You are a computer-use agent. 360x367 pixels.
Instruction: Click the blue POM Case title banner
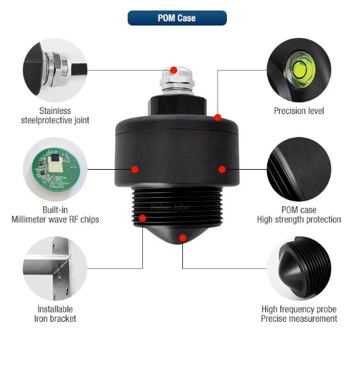(x=177, y=18)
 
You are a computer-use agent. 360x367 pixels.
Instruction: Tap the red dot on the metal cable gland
(x=174, y=70)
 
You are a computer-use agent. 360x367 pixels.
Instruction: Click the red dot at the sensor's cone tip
(x=183, y=239)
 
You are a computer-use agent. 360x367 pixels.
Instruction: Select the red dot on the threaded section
(x=142, y=218)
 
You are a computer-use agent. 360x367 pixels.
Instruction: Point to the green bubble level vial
(x=300, y=69)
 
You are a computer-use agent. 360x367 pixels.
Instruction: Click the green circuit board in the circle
(x=56, y=169)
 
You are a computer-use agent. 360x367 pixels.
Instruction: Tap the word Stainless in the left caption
(x=55, y=111)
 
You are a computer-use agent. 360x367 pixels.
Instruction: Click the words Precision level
(x=299, y=111)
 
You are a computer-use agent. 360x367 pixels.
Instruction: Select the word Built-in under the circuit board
(x=55, y=210)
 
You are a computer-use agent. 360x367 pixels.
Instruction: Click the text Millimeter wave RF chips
(x=55, y=220)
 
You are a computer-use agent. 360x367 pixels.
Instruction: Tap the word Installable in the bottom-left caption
(x=55, y=309)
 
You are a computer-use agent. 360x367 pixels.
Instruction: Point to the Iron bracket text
(x=55, y=319)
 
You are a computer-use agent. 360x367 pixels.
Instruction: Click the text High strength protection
(x=299, y=220)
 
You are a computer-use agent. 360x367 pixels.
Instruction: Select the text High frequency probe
(x=299, y=309)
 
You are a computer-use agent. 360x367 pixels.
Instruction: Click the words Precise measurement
(x=299, y=319)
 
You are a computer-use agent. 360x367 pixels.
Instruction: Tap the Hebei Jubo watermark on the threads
(x=170, y=207)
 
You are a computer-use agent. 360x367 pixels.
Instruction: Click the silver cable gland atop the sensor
(x=177, y=81)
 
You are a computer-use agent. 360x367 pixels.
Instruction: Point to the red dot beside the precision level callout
(x=218, y=118)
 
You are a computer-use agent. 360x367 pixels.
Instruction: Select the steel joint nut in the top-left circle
(x=58, y=69)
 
